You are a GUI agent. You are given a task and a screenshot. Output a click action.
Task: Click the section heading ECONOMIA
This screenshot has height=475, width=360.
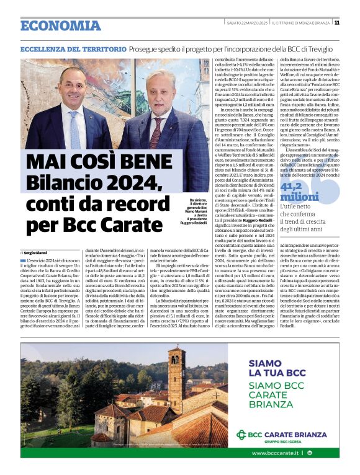pyautogui.click(x=60, y=25)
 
